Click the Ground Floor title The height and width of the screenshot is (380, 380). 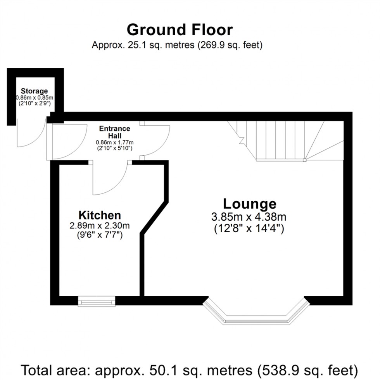[x=180, y=30]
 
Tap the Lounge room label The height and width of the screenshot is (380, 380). [x=249, y=204]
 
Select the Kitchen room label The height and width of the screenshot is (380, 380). [x=100, y=215]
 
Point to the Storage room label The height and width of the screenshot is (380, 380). [x=34, y=91]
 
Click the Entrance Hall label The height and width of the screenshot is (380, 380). [x=114, y=132]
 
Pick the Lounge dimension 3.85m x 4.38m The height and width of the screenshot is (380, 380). [x=249, y=217]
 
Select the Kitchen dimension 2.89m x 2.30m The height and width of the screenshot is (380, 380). [x=100, y=225]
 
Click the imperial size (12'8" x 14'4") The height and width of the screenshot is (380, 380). [x=249, y=228]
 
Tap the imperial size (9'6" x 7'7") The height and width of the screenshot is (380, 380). [x=100, y=235]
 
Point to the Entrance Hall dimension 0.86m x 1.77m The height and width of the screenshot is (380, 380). [x=114, y=142]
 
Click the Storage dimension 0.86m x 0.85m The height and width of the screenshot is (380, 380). [x=34, y=98]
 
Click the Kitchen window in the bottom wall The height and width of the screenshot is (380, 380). [x=97, y=301]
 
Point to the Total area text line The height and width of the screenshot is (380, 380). [x=189, y=369]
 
